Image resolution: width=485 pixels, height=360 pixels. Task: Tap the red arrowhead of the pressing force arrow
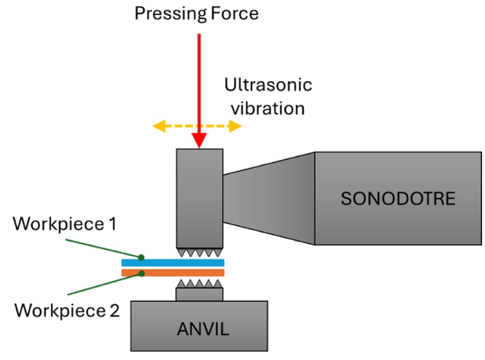[199, 140]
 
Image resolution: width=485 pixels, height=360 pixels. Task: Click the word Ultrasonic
[268, 85]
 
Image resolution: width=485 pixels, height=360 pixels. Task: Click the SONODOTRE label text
[398, 199]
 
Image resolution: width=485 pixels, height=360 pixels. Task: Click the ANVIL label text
[203, 329]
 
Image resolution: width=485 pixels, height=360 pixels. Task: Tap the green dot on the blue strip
[141, 257]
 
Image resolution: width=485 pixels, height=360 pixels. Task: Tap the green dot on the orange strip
[142, 274]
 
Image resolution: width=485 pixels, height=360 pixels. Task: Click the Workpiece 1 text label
[65, 224]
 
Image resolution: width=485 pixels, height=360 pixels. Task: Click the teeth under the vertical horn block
[199, 253]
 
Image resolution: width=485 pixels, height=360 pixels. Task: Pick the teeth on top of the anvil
[199, 284]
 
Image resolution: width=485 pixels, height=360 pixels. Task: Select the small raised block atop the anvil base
[199, 295]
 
